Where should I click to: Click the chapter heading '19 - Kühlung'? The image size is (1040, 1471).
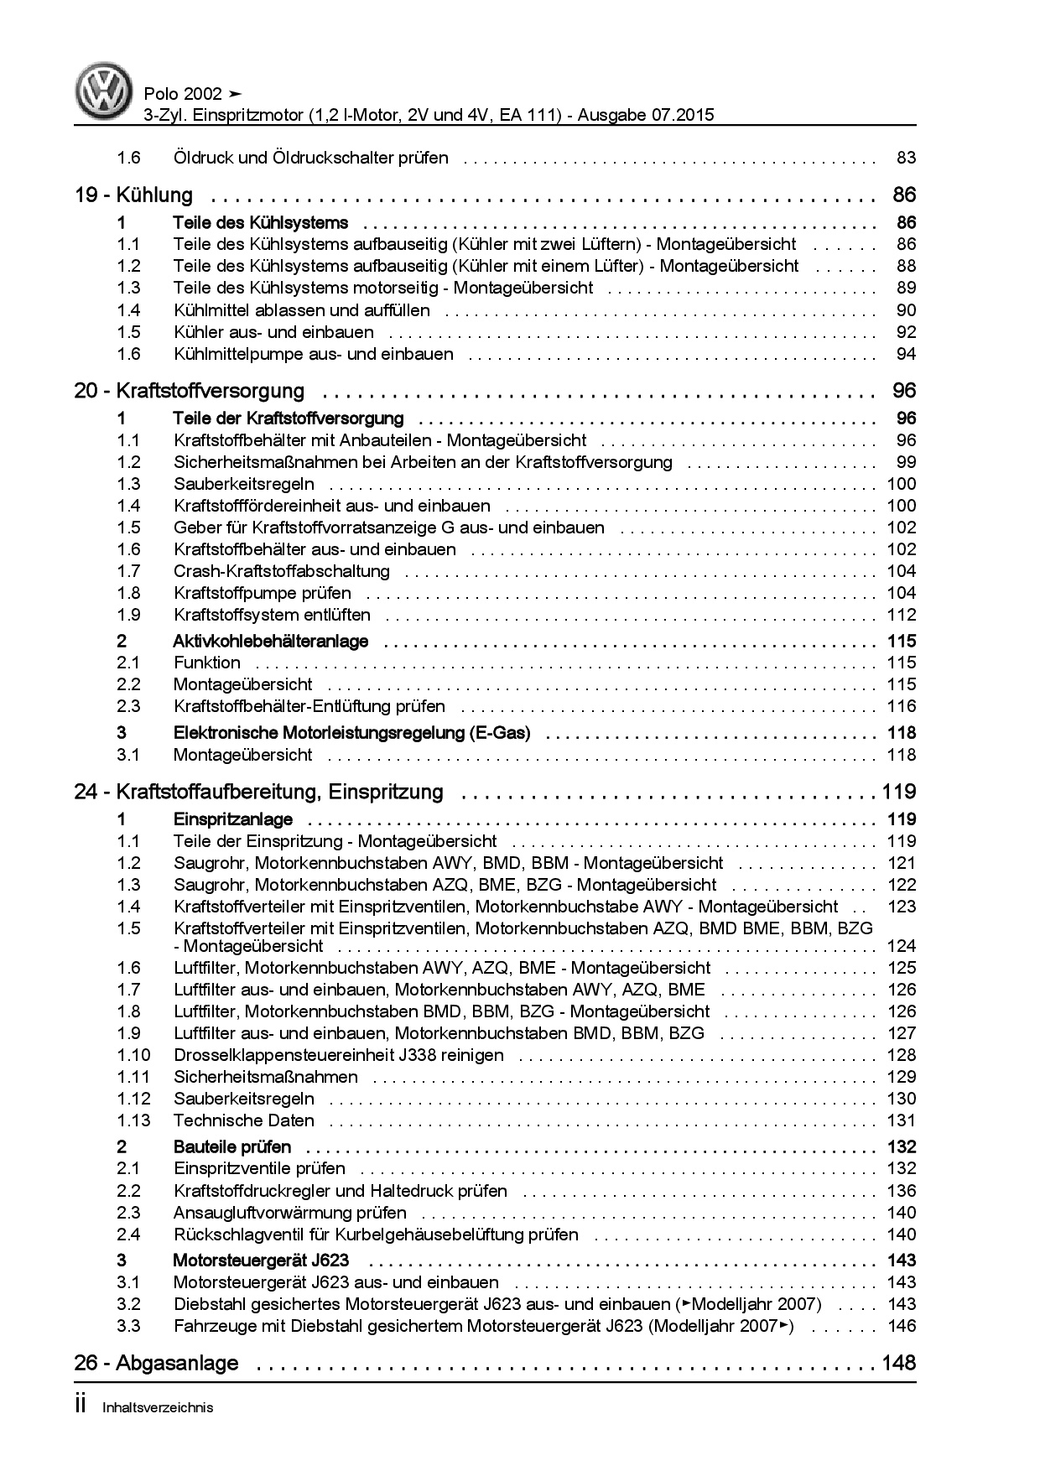pos(133,195)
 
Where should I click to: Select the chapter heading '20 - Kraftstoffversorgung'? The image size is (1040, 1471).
pos(189,391)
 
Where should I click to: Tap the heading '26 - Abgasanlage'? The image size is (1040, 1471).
pos(156,1363)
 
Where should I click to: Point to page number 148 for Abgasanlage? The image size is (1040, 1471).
pos(898,1363)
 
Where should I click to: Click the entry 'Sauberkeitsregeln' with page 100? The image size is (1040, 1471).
pos(243,484)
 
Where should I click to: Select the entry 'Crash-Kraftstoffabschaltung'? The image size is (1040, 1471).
pos(281,571)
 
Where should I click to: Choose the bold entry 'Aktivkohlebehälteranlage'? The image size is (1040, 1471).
pos(270,642)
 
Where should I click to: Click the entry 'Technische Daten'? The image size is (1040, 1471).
pos(243,1120)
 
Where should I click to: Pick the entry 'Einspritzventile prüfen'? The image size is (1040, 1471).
pos(259,1168)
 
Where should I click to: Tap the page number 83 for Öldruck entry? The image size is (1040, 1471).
pos(906,158)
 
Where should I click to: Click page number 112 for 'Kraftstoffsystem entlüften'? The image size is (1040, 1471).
pos(902,615)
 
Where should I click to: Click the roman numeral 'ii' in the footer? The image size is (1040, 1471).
pos(81,1406)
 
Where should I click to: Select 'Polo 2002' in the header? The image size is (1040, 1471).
pos(183,94)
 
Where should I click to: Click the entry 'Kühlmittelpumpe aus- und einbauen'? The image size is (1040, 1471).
pos(313,354)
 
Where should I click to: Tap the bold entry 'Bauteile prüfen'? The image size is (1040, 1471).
pos(231,1146)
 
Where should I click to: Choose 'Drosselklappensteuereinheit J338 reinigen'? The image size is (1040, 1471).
pos(338,1055)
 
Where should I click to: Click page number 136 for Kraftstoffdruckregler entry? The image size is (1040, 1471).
pos(902,1191)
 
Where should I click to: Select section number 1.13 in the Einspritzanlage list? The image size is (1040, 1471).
pos(133,1120)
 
